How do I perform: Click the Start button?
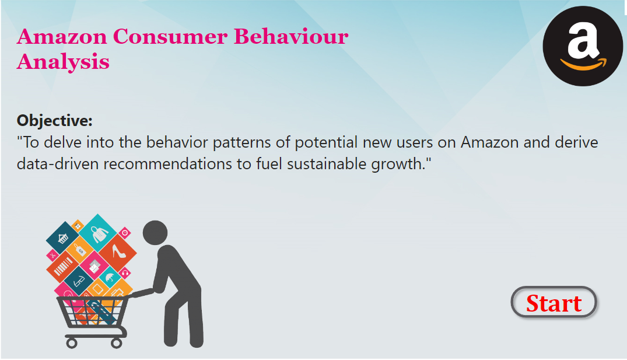click(x=554, y=302)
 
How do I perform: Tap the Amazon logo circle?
click(x=583, y=46)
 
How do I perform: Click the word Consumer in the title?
click(x=170, y=37)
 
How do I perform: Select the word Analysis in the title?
click(x=63, y=62)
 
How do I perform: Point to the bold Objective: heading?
click(x=54, y=120)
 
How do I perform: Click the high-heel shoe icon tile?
click(x=118, y=253)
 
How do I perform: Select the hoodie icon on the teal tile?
click(x=98, y=233)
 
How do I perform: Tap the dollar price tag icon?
click(x=80, y=250)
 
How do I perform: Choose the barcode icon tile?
click(x=63, y=267)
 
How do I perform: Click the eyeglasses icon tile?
click(x=79, y=282)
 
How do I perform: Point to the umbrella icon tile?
click(x=110, y=277)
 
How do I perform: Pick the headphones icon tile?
click(x=125, y=273)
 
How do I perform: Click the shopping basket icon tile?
click(x=63, y=238)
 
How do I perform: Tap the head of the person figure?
click(x=155, y=233)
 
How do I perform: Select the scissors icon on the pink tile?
click(x=52, y=255)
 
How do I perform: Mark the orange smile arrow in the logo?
click(x=583, y=64)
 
